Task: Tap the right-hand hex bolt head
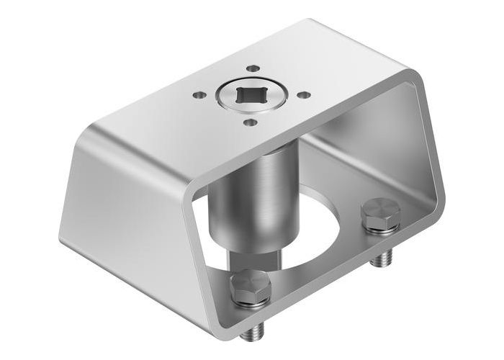tap(379, 213)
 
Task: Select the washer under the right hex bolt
tap(379, 227)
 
